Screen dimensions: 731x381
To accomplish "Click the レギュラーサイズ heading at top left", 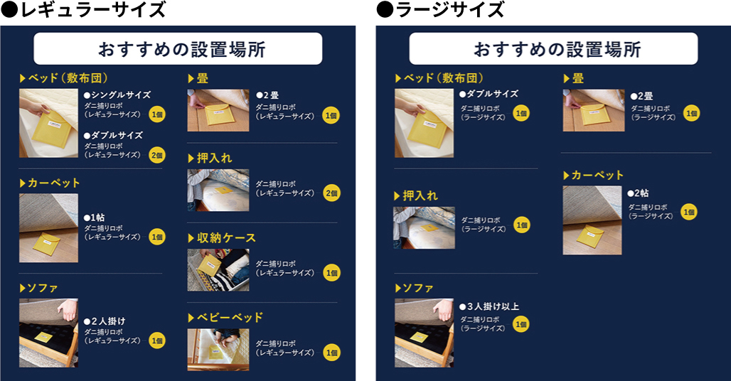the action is point(83,9).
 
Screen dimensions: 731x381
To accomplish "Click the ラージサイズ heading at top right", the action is point(441,9).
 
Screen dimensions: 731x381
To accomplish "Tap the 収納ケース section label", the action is point(222,237).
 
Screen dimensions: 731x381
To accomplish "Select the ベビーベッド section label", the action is point(225,318).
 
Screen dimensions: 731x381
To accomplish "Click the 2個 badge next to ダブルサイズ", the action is point(157,155).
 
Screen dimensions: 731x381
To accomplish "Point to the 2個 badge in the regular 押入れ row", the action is point(332,193).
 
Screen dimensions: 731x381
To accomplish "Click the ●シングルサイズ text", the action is point(117,95).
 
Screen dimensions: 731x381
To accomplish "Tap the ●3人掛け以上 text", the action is point(489,306).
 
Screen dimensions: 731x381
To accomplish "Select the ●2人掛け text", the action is point(105,321).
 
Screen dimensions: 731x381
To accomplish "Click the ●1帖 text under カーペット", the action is point(94,218).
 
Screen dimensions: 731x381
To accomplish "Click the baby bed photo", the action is point(218,350).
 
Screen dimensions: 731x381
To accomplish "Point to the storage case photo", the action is point(218,270).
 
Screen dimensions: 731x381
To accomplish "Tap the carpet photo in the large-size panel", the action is point(592,220).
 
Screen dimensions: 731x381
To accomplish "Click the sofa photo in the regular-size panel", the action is point(48,333).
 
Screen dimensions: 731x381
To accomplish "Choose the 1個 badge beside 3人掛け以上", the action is point(521,324).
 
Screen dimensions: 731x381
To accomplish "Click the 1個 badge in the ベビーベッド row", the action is point(332,353).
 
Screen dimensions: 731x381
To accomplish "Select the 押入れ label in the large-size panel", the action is point(416,195).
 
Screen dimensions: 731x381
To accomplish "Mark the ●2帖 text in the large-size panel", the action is point(638,193).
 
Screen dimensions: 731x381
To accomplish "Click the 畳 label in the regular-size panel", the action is point(198,78).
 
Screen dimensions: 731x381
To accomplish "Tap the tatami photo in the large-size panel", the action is point(594,110).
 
